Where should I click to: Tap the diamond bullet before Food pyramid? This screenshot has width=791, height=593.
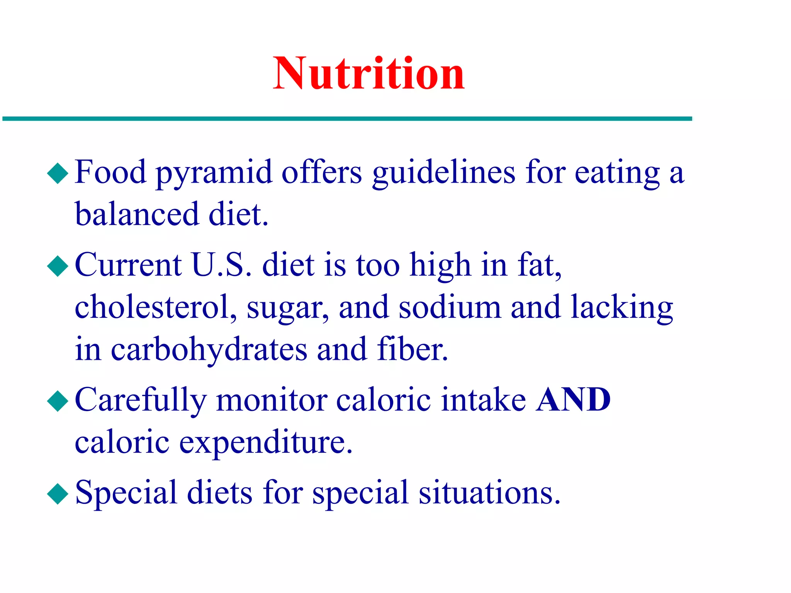[58, 173]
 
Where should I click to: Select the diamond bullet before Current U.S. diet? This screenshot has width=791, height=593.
[58, 266]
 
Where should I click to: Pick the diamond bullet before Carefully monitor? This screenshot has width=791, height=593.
[58, 401]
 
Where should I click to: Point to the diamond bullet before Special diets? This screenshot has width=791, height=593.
[58, 494]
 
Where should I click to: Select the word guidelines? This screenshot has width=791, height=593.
[444, 173]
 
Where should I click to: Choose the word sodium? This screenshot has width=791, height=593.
[450, 308]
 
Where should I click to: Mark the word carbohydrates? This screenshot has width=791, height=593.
[209, 350]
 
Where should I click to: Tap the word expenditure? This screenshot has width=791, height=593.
[266, 443]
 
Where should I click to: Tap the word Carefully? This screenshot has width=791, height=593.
[141, 401]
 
